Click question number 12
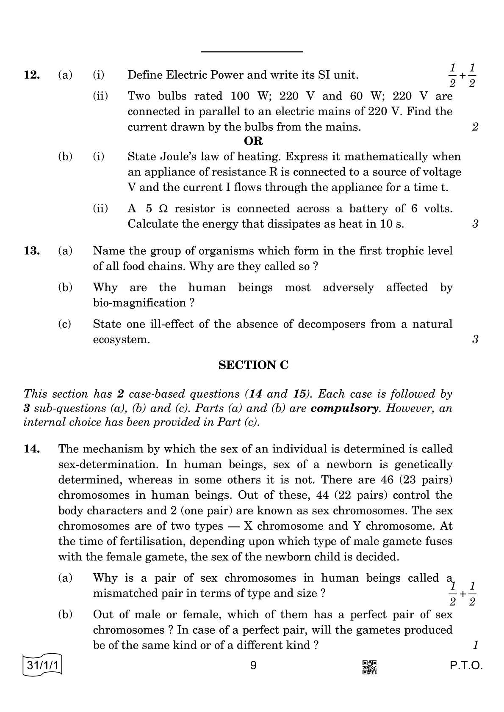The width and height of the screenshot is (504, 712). pyautogui.click(x=32, y=75)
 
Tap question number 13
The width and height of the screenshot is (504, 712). pyautogui.click(x=32, y=251)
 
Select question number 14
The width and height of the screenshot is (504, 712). pyautogui.click(x=32, y=449)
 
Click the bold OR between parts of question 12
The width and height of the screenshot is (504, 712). pyautogui.click(x=253, y=141)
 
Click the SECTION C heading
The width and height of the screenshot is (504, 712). pyautogui.click(x=253, y=365)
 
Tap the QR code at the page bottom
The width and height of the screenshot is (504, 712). pyautogui.click(x=369, y=667)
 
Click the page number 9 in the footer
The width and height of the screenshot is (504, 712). pyautogui.click(x=253, y=666)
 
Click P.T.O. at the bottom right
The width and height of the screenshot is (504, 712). pyautogui.click(x=466, y=666)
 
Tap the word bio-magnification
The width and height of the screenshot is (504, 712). pyautogui.click(x=139, y=303)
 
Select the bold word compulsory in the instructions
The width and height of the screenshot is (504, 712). pyautogui.click(x=344, y=409)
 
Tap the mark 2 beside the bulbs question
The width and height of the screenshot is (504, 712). pyautogui.click(x=475, y=127)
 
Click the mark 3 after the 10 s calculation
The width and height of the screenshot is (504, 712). pyautogui.click(x=475, y=224)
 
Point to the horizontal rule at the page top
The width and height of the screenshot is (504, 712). pyautogui.click(x=252, y=52)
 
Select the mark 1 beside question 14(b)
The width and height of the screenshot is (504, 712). pyautogui.click(x=475, y=646)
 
